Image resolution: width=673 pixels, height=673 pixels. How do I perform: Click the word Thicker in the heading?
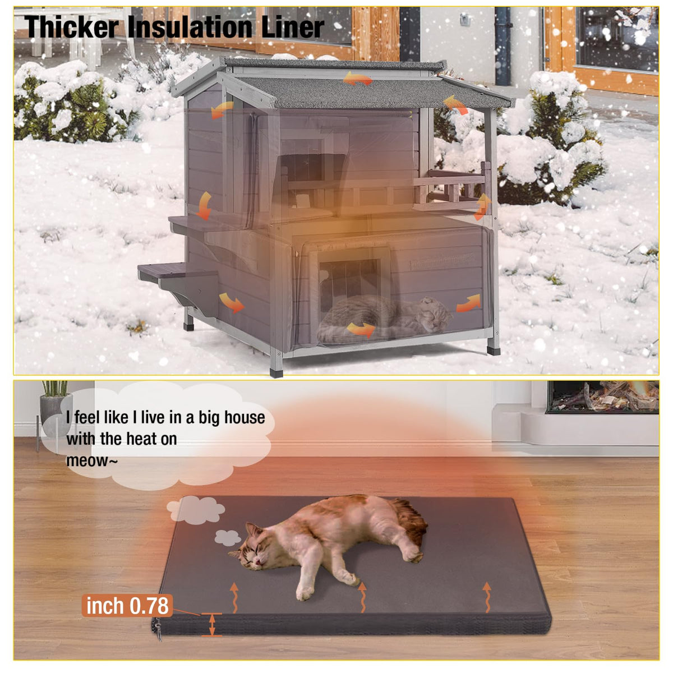coord(72,27)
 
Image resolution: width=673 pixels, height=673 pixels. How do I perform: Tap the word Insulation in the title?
coord(190,27)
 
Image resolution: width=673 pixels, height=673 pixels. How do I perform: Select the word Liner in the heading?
coord(292,27)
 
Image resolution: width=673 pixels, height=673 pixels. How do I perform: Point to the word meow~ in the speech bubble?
coord(92,460)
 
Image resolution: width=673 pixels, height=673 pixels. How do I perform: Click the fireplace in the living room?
coord(602,397)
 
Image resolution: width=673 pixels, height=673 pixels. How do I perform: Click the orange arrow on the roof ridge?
coord(358,79)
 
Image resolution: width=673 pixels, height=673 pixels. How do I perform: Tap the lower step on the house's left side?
coord(160,271)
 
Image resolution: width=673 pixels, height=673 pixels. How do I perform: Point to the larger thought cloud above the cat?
coord(196,510)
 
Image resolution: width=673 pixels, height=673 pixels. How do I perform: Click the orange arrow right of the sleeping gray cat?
coord(468,303)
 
